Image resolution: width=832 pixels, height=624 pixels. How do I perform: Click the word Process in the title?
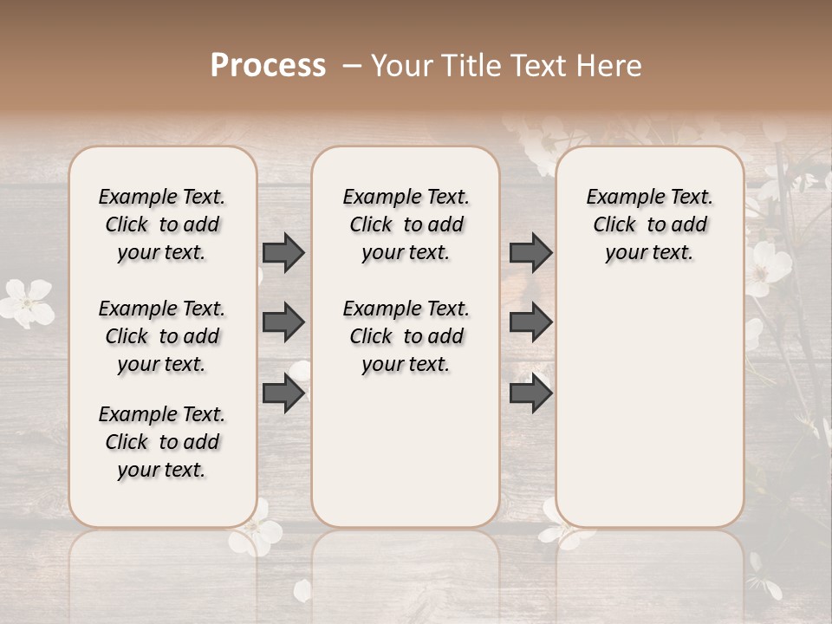(x=268, y=65)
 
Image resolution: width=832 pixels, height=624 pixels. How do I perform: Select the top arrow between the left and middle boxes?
(x=283, y=252)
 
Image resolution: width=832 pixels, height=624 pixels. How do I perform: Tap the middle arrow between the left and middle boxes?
(x=283, y=322)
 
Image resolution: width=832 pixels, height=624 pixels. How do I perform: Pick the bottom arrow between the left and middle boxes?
(x=283, y=393)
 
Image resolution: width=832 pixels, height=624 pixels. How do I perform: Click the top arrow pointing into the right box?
(x=530, y=252)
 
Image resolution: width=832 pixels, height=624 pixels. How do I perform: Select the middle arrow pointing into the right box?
(x=530, y=322)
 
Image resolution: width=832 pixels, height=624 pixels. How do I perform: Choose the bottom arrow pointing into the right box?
(x=530, y=393)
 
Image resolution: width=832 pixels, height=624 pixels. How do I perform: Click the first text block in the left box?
(x=161, y=224)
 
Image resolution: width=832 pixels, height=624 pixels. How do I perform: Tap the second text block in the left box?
(x=161, y=336)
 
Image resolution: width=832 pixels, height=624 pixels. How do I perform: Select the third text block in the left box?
(x=161, y=442)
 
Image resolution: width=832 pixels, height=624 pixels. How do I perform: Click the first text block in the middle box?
(x=406, y=224)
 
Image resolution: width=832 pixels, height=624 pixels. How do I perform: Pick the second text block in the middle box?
(x=406, y=336)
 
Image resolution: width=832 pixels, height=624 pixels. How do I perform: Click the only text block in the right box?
(x=649, y=224)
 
